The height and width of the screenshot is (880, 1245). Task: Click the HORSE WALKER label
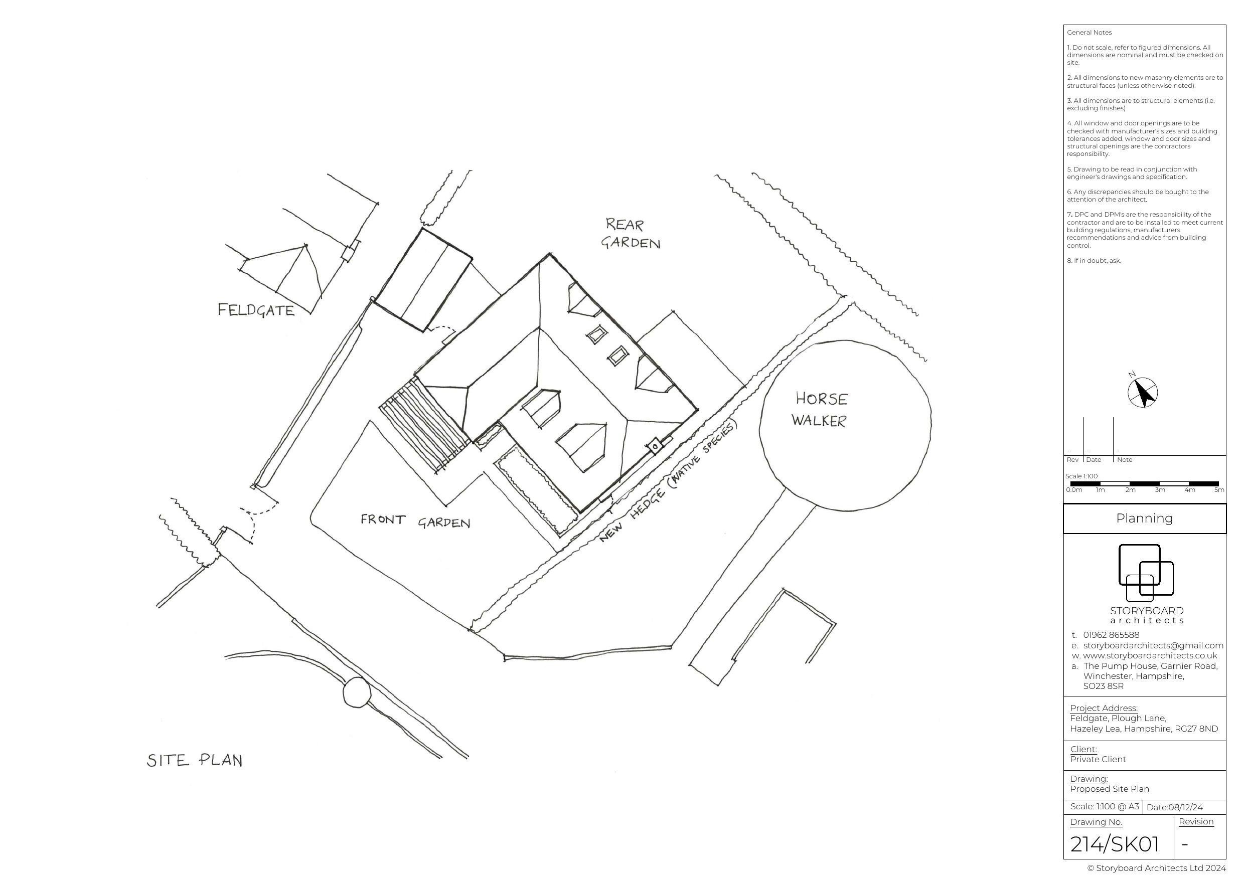820,410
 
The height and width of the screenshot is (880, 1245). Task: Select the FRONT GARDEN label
415,521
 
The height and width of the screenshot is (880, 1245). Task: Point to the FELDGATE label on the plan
256,310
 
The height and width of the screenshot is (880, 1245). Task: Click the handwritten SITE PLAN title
194,760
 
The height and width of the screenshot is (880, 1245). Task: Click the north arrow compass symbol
1142,392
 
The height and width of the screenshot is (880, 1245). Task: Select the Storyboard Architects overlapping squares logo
1145,573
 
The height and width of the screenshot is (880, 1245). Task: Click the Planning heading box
1144,518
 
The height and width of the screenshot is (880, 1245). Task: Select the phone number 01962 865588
1111,635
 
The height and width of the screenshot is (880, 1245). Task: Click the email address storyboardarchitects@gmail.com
1153,645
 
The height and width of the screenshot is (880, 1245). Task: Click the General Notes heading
1089,33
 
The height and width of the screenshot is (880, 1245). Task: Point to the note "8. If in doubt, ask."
1094,261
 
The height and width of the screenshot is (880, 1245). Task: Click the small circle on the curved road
356,692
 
